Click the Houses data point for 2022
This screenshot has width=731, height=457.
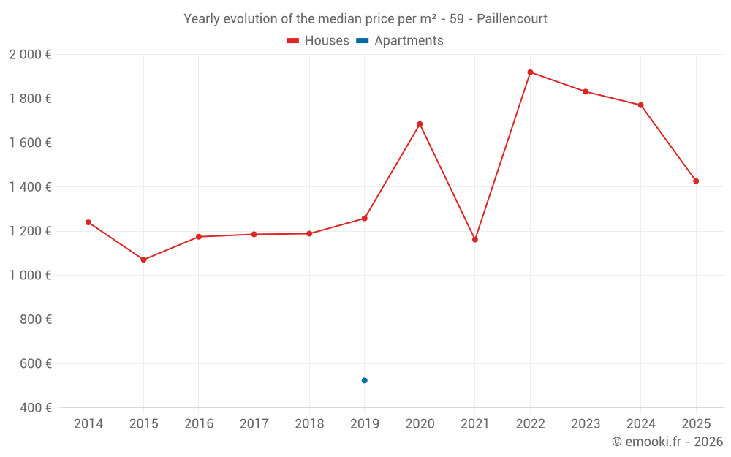pos(530,72)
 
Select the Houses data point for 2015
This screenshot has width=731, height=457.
pos(143,260)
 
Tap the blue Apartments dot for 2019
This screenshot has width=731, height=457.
pos(364,380)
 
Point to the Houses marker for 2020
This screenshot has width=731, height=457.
pos(420,124)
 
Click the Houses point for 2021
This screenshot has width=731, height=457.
pos(475,240)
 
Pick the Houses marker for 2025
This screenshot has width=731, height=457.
pos(696,181)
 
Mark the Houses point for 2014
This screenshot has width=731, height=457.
pos(88,222)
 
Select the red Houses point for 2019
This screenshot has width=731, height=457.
pos(364,219)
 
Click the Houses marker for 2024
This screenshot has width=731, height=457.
pos(640,105)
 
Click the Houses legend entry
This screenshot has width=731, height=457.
pos(318,41)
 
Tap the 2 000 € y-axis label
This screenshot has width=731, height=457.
pos(30,55)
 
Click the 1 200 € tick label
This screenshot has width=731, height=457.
pos(30,231)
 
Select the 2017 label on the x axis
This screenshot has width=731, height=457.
pos(254,424)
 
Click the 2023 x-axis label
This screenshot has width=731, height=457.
pos(586,424)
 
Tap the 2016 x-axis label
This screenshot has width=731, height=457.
pos(199,424)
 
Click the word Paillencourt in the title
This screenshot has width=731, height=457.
pos(512,19)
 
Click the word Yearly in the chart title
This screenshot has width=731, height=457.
pos(200,19)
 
